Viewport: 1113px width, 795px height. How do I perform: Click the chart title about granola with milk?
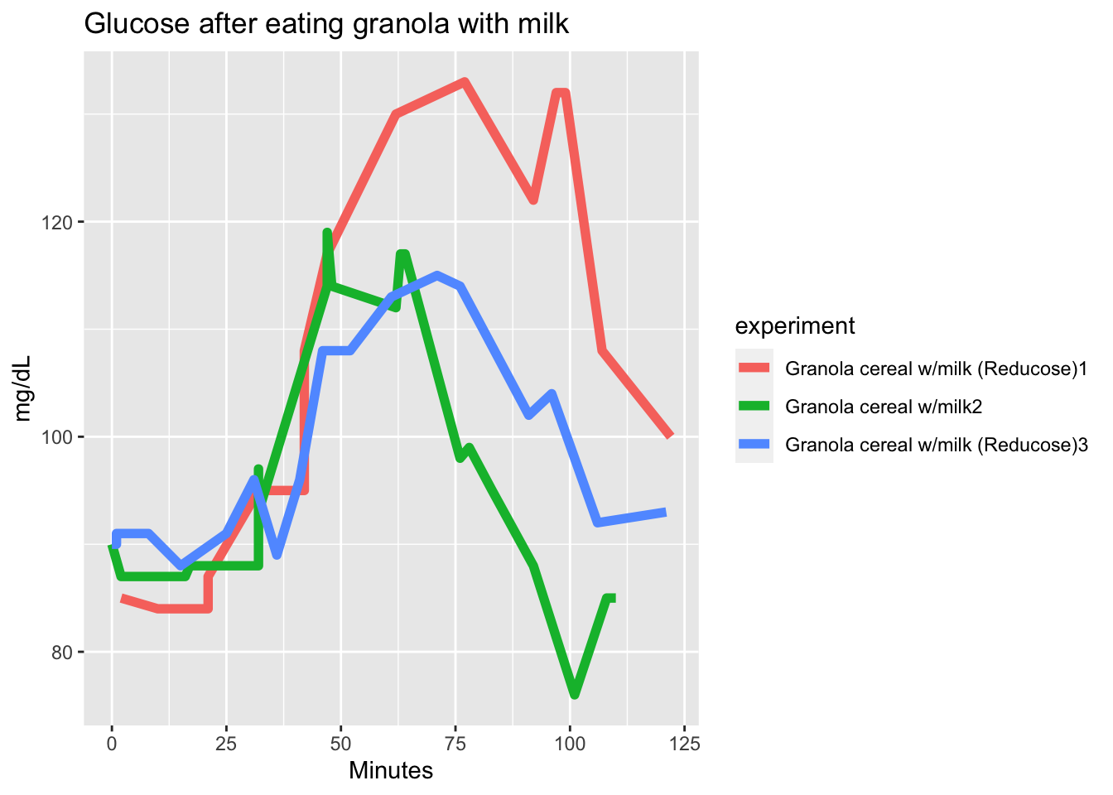coord(326,24)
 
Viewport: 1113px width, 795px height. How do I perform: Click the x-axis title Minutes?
coord(391,771)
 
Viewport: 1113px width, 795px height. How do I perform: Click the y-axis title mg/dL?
coord(23,388)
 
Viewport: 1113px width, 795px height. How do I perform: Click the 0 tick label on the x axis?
coord(112,743)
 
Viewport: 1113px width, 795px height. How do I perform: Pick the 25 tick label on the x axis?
coord(226,743)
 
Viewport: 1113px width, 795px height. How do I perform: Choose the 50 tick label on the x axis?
coord(340,743)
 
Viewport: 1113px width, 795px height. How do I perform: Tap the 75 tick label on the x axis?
coord(455,743)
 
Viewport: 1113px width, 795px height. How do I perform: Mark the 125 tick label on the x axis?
coord(684,743)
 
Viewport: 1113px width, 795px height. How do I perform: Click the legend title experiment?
coord(794,326)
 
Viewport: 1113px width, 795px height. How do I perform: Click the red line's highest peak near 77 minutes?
coord(465,82)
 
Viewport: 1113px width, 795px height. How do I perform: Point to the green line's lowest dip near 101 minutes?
coord(575,694)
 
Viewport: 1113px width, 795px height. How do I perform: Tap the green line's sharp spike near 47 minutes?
coord(327,233)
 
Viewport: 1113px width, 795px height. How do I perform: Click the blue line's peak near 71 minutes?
coord(437,275)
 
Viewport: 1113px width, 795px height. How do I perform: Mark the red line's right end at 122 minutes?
coord(670,436)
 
